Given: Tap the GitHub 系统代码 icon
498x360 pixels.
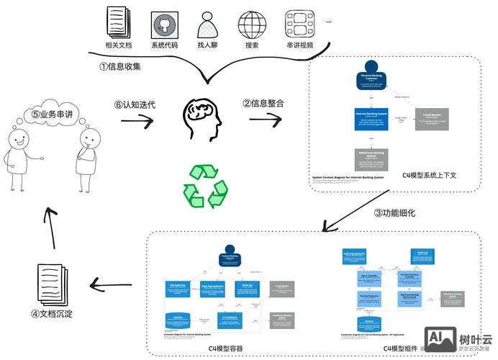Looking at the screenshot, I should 164,25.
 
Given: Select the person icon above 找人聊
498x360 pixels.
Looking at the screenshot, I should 208,24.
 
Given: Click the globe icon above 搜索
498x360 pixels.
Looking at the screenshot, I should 253,24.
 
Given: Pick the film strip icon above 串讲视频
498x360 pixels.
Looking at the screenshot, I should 299,24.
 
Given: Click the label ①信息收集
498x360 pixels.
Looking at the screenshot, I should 119,67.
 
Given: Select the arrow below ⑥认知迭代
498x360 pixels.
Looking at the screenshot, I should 136,122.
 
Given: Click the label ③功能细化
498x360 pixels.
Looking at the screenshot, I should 394,212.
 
